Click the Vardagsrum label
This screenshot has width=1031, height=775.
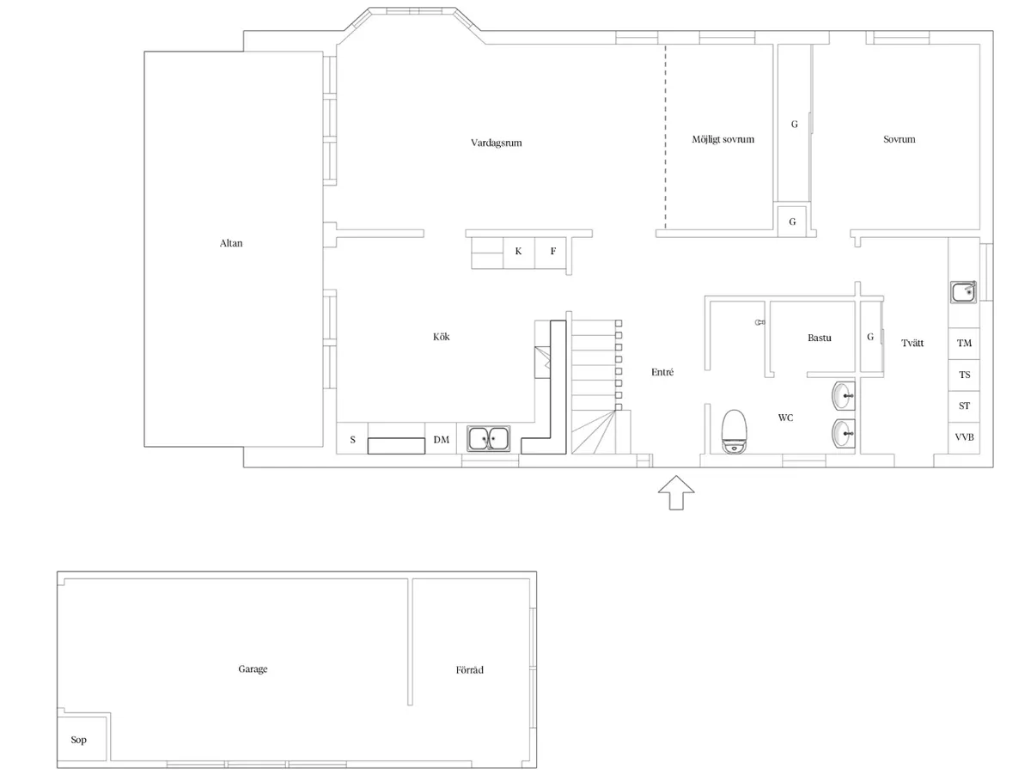point(496,143)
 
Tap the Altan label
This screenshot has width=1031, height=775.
point(231,243)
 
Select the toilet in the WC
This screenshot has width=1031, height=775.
point(733,430)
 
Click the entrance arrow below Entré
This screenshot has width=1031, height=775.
point(675,493)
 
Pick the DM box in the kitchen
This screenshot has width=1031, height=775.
point(441,440)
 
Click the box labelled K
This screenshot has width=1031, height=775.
point(518,252)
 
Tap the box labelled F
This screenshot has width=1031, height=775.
point(552,252)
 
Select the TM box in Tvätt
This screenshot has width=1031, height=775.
point(964,343)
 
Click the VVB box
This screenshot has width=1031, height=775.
point(964,437)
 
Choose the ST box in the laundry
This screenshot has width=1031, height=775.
point(964,406)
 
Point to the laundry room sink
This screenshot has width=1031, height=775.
point(964,292)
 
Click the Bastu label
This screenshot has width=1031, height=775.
point(820,338)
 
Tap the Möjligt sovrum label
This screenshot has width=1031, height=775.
point(723,139)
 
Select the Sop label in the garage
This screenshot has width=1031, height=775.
point(78,740)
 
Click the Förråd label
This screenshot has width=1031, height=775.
point(469,669)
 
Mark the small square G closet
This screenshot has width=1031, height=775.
point(792,222)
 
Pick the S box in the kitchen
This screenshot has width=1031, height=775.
point(352,440)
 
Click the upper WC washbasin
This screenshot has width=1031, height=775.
point(843,396)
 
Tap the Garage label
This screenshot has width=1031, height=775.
point(253,669)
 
